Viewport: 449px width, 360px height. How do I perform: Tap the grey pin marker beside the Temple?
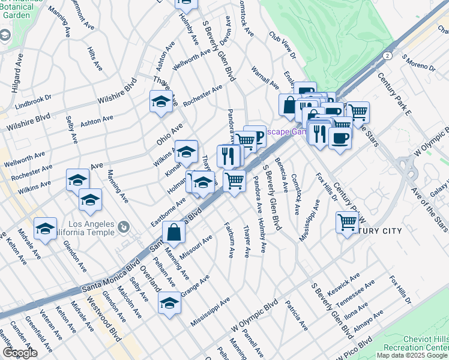point(124,227)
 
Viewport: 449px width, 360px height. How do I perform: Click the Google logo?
point(20,353)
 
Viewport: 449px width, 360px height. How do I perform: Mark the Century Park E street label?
point(394,92)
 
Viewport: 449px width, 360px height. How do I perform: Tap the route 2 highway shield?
point(388,56)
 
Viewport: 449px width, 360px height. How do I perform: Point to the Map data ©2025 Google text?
point(412,355)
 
